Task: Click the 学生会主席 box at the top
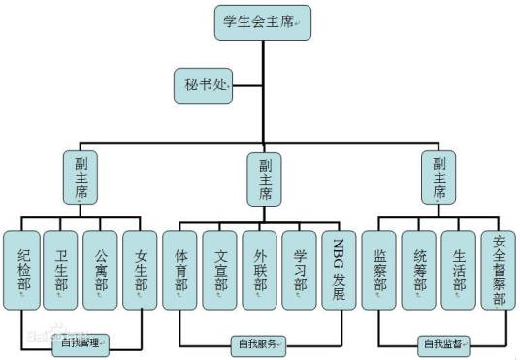[262, 21]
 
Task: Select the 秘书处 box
[204, 85]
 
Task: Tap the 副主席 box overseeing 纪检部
[81, 176]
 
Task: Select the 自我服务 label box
[258, 343]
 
